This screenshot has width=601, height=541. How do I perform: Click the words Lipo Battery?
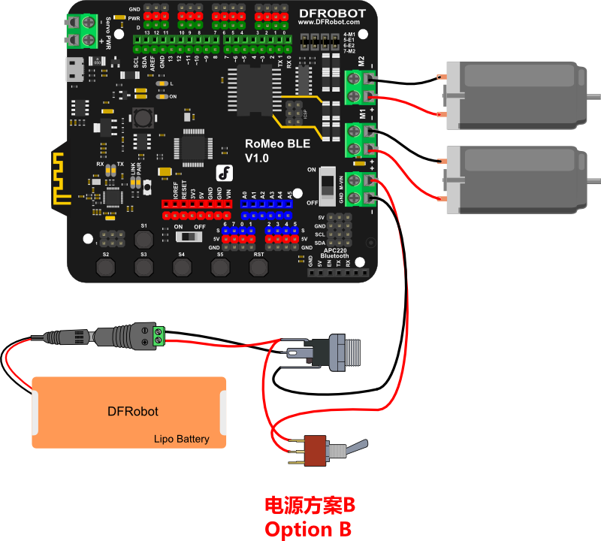182,439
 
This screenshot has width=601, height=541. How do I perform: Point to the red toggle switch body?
318,452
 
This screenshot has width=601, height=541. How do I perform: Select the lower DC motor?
518,177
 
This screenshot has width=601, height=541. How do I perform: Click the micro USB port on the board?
74,70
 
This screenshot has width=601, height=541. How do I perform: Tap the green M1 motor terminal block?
361,141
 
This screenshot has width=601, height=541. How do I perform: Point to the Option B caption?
308,528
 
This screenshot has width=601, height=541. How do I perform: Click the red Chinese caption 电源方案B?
308,504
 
